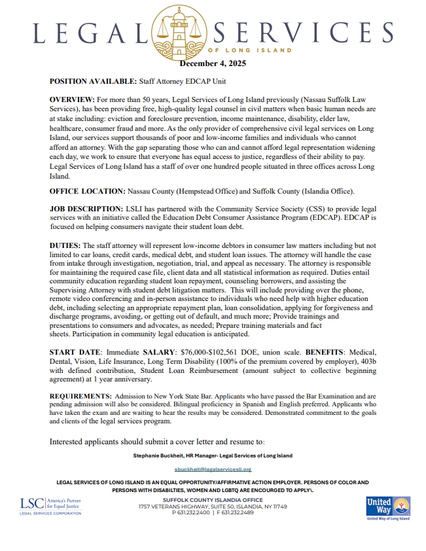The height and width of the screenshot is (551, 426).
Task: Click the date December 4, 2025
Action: pos(213,63)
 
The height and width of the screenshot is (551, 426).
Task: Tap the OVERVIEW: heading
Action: pos(72,98)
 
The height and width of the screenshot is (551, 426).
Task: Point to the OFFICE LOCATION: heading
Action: pos(91,191)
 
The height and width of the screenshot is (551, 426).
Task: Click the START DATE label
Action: pos(75,352)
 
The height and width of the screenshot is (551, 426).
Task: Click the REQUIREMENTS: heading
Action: pos(80,397)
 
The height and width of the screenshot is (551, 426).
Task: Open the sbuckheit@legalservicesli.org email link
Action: pos(213,469)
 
